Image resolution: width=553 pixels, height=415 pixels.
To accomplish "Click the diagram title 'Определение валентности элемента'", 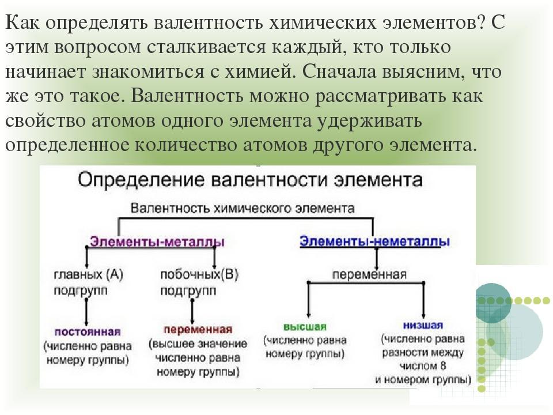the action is (249, 180).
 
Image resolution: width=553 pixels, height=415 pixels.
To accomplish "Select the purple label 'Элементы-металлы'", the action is (157, 242).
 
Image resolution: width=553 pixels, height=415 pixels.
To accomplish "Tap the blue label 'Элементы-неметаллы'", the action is (374, 242).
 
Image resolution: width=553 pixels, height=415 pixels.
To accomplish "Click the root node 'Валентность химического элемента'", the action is (243, 208).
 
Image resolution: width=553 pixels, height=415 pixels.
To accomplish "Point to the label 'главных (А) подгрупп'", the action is (88, 282).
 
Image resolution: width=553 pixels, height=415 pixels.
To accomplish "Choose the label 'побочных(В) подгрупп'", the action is (199, 282).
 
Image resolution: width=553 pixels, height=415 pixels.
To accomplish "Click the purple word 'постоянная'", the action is (88, 332).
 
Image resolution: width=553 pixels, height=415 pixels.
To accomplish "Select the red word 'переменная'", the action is (198, 330).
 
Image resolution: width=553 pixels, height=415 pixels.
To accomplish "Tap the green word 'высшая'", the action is (305, 326).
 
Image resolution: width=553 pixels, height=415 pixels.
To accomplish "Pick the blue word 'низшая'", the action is (423, 325).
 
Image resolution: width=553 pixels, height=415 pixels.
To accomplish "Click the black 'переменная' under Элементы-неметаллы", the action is (370, 274).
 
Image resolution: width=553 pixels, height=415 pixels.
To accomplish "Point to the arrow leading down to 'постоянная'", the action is (86, 312).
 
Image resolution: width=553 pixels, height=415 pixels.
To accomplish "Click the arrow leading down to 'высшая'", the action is (309, 299).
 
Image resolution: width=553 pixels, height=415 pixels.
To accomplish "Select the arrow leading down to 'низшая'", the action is (423, 299).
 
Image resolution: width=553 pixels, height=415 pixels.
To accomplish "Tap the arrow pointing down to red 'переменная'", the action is (192, 311).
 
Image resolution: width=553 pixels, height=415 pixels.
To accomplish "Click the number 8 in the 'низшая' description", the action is (443, 366).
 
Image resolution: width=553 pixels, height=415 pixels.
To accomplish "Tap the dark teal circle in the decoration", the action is (493, 304).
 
